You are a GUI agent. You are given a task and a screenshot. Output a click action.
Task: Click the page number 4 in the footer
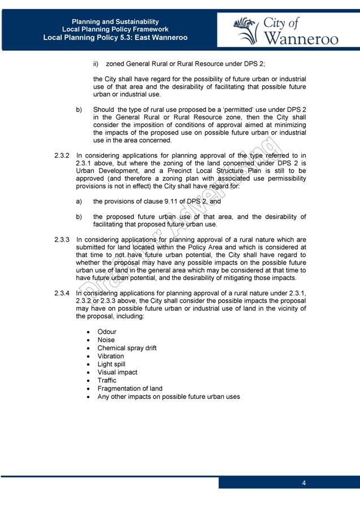(x=304, y=483)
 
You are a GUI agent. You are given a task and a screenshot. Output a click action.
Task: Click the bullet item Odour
(x=107, y=332)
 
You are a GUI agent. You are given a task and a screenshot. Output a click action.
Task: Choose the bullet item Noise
(x=106, y=340)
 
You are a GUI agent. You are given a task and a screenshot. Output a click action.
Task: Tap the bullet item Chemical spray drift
(x=127, y=348)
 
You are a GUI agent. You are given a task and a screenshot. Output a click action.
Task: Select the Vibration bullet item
(x=110, y=356)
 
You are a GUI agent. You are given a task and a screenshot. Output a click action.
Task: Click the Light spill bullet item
(x=111, y=364)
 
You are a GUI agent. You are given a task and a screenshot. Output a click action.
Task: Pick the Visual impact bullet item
(x=117, y=372)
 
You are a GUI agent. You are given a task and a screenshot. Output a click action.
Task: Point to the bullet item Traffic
(x=107, y=380)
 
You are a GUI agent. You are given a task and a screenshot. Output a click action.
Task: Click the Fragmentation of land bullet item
(x=129, y=389)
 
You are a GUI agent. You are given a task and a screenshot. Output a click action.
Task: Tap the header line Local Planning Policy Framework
(x=115, y=29)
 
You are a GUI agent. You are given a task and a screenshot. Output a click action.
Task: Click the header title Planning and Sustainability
(x=115, y=21)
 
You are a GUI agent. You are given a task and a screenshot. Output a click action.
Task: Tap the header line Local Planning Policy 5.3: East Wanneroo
(x=115, y=38)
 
